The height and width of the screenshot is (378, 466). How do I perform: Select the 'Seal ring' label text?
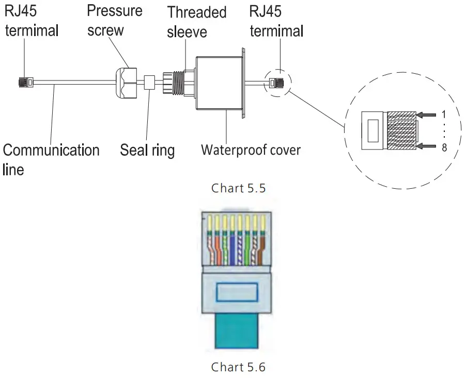[147, 151]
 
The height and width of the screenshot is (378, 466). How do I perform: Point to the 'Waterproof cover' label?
[251, 151]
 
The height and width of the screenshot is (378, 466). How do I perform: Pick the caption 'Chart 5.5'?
[238, 188]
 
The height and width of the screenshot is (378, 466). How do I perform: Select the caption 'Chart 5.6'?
[238, 367]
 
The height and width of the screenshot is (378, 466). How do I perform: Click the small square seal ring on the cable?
[149, 81]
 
